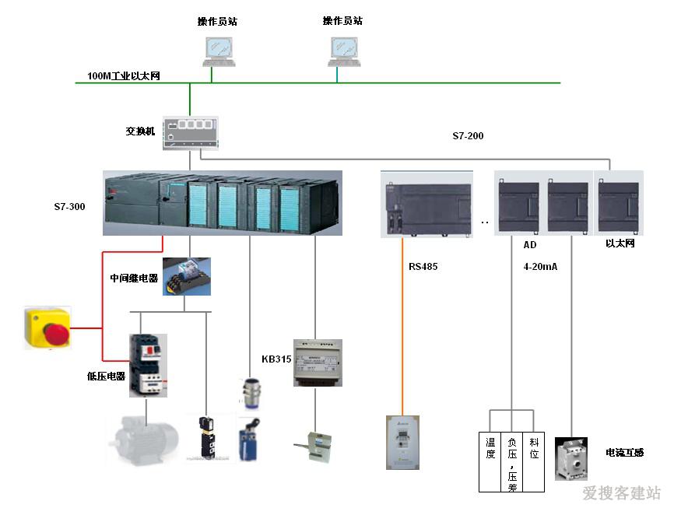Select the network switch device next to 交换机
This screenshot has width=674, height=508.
[x=191, y=131]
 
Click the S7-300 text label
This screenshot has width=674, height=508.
[x=69, y=207]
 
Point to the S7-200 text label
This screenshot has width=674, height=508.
[x=468, y=136]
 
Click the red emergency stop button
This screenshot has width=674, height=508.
[x=47, y=327]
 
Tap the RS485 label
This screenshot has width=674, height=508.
[x=423, y=266]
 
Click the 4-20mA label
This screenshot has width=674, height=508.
[x=540, y=266]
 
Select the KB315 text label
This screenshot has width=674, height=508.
[x=276, y=359]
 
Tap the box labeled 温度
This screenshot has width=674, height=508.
[x=490, y=450]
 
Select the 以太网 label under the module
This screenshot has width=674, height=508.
[x=620, y=243]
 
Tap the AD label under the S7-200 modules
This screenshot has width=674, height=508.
[x=530, y=244]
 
